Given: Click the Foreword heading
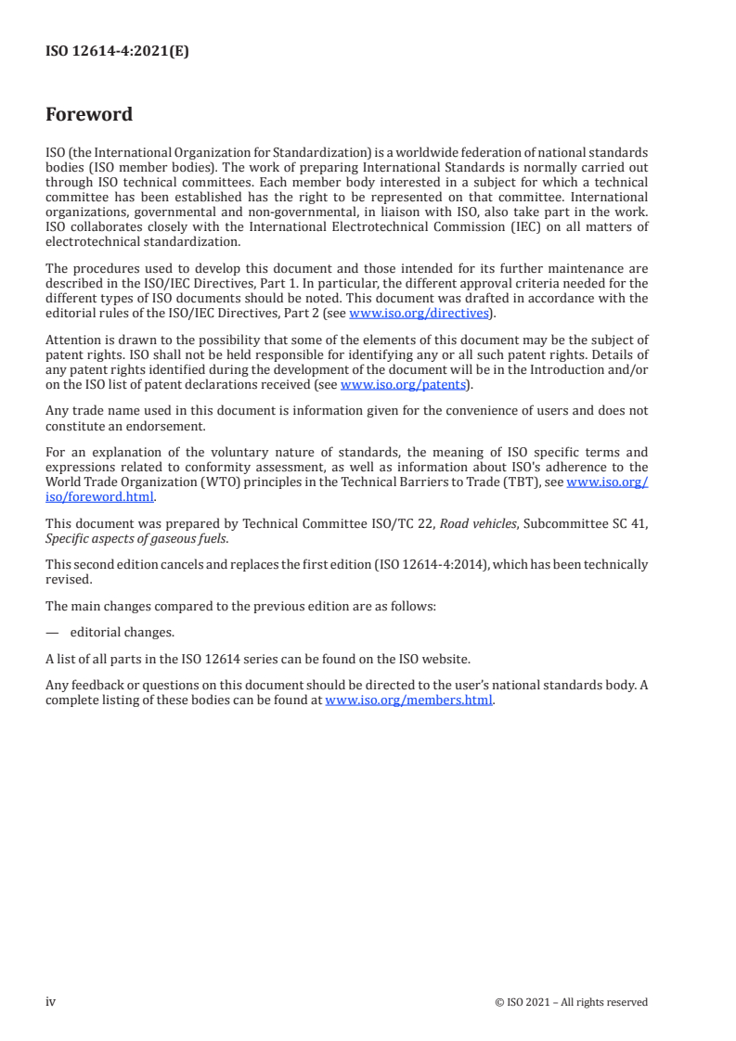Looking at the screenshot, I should [x=89, y=115].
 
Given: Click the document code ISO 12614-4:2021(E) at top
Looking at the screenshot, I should [x=117, y=52].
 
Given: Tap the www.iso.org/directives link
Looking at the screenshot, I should [x=418, y=314].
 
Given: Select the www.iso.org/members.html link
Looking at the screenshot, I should [x=409, y=700].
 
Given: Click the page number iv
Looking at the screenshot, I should [x=51, y=1002].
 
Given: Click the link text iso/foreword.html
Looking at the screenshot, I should [x=99, y=496].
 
